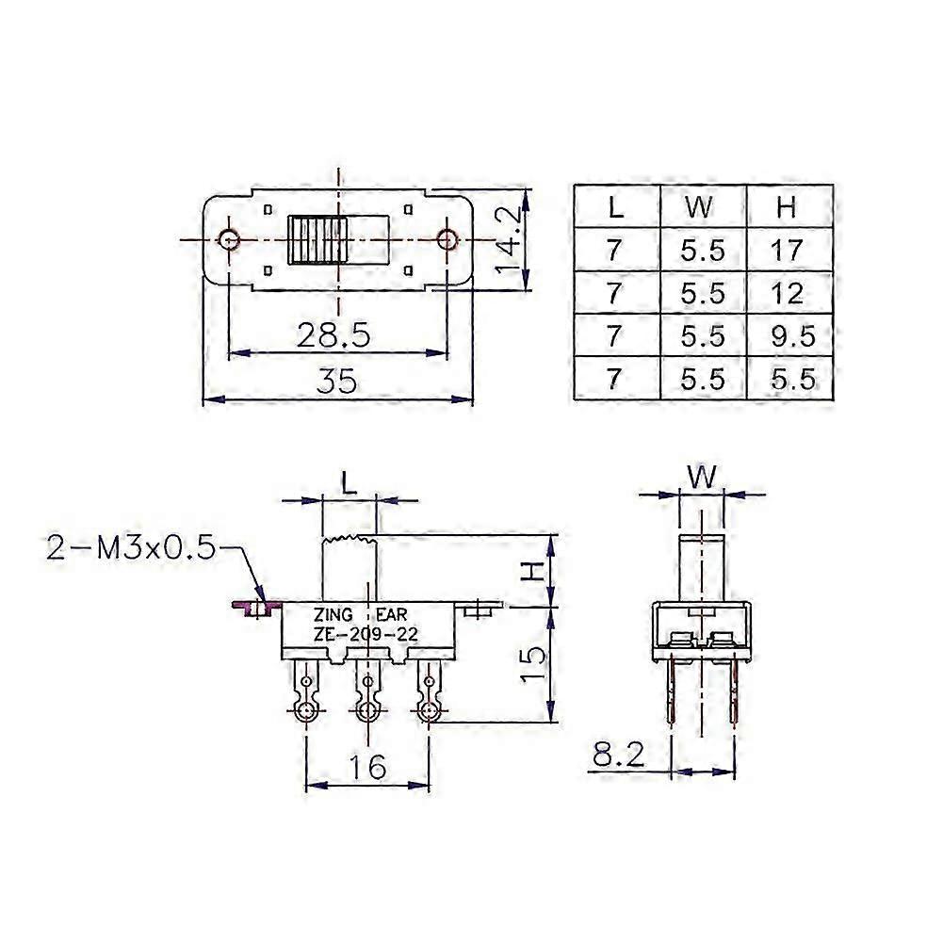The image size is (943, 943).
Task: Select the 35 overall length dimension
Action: [x=336, y=382]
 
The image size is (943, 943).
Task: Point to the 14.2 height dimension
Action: [x=510, y=240]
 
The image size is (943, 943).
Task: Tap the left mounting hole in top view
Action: [x=229, y=239]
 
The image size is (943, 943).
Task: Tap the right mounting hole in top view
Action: [x=447, y=239]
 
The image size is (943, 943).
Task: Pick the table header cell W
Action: [x=703, y=206]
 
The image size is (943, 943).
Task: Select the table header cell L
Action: [x=615, y=206]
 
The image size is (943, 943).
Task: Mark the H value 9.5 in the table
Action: [x=789, y=336]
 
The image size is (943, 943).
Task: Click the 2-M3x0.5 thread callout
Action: [x=132, y=547]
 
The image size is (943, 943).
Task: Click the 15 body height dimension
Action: [x=534, y=665]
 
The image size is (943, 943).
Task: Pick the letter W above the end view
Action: [x=701, y=478]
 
